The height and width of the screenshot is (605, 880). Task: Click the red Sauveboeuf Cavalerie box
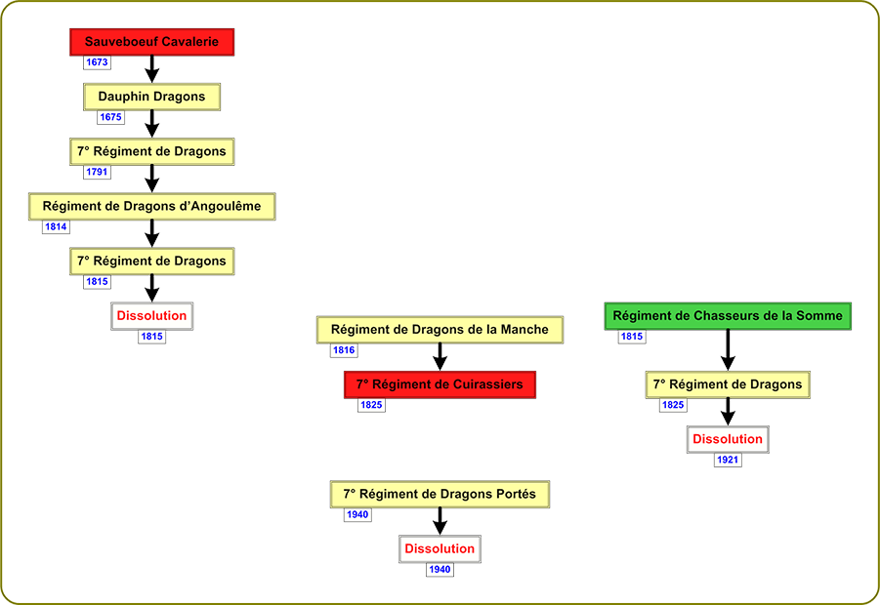point(152,42)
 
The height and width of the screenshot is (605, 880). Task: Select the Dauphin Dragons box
point(152,97)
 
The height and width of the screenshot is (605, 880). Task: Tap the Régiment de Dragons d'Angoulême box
point(152,206)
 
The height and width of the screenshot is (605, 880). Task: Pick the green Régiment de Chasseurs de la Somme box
point(728,316)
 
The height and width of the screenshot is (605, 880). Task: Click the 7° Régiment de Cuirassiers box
point(440,384)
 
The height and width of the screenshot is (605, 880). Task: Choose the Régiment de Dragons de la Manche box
point(440,330)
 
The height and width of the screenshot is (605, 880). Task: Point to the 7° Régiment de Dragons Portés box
point(440,494)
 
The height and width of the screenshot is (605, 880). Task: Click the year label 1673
point(97,62)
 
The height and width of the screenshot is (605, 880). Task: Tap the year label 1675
point(110,117)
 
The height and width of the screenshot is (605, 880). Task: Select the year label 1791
point(97,172)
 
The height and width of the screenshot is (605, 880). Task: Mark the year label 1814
point(56,227)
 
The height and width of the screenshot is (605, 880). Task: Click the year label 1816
point(344,350)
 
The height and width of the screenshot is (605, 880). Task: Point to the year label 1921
point(728,460)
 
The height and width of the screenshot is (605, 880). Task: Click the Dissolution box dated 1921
point(728,439)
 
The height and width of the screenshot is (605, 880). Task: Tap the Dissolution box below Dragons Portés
point(440,549)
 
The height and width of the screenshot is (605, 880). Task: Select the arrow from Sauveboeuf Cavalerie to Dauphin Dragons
point(152,69)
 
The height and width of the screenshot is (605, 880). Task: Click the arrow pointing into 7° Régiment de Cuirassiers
point(440,357)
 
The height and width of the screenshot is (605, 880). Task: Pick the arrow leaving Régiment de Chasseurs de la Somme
point(728,350)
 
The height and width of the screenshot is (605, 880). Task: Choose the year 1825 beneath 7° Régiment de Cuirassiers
point(371,405)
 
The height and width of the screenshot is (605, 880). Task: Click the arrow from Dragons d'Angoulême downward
point(152,234)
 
